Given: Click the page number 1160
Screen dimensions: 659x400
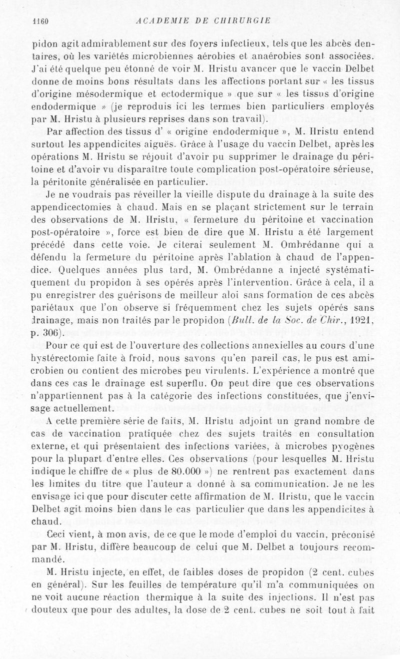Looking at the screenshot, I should click(x=39, y=20).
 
